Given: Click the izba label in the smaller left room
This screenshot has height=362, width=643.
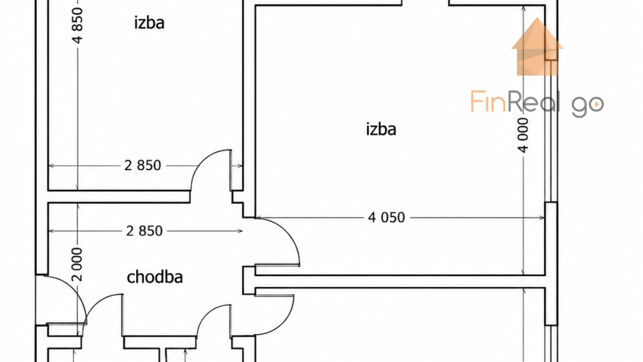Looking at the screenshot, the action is coord(149,22).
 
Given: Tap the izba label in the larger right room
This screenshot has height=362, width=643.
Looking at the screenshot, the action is coord(381,129).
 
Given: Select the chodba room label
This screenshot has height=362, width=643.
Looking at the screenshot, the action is coord(155,278).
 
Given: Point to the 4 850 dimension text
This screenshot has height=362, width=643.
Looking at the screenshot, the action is coord(77,25).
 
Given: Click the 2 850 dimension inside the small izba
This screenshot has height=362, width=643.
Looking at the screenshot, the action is coord(142,165).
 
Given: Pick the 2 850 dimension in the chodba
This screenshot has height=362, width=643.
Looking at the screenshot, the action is coord(144,231).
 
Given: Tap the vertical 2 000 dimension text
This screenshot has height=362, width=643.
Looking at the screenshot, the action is coord(77,264).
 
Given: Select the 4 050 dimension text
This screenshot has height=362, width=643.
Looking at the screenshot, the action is coord(386,217).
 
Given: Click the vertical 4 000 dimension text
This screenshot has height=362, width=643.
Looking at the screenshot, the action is coord(523,135).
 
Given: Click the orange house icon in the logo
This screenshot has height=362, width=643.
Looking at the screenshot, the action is coord(537,47).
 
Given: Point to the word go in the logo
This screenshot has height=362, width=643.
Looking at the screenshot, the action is coord(588,106).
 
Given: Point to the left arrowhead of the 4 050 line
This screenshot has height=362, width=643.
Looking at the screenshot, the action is coord(258,217).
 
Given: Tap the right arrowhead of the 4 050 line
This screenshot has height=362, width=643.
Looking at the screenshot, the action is coord(542,217).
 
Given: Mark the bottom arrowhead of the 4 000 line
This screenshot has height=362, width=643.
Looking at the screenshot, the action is coord(523,272).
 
